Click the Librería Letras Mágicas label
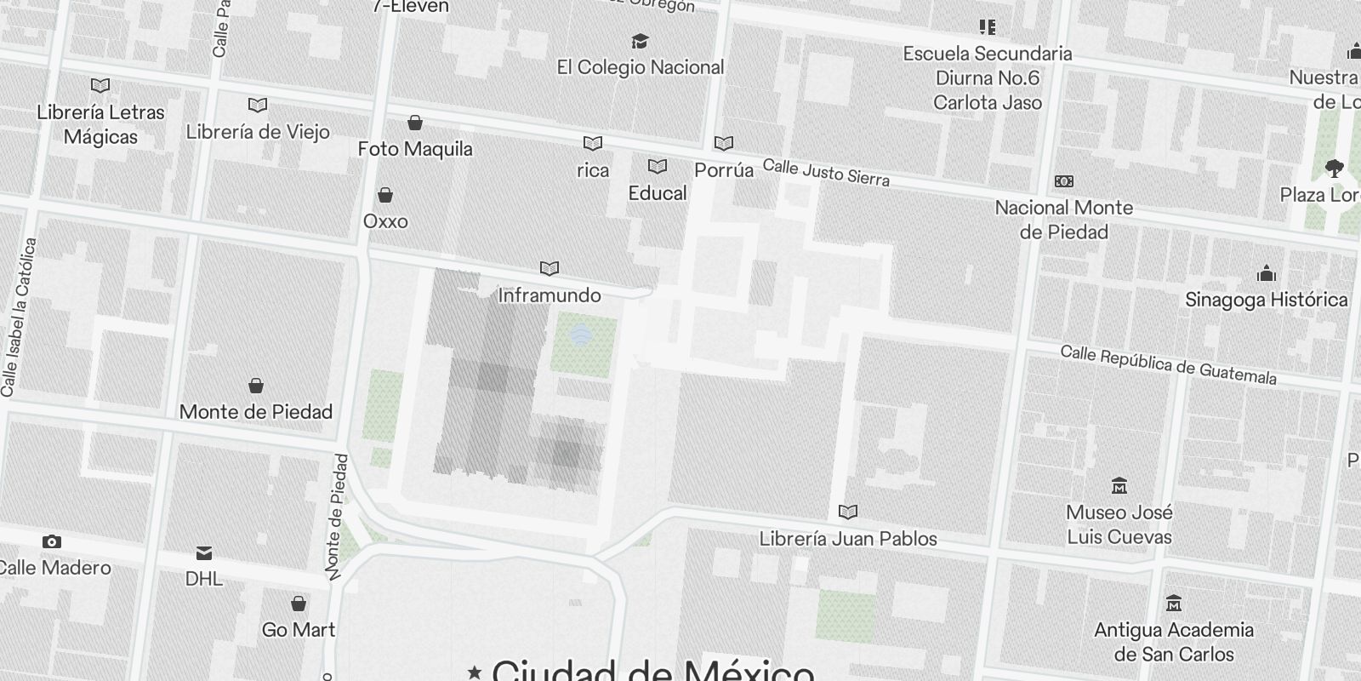click(x=100, y=124)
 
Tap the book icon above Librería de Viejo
click(x=258, y=106)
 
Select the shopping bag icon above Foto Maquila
click(x=415, y=123)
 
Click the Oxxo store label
click(x=385, y=221)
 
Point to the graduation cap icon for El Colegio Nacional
click(x=640, y=42)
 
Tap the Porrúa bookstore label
click(x=724, y=170)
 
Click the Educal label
click(x=658, y=193)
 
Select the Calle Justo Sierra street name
click(x=826, y=173)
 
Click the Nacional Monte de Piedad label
click(x=1063, y=220)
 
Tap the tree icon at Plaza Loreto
click(x=1334, y=169)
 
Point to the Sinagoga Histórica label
click(x=1267, y=300)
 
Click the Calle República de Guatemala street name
click(x=1168, y=365)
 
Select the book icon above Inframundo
click(x=550, y=269)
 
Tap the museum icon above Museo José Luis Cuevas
click(x=1119, y=486)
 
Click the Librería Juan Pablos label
click(x=848, y=539)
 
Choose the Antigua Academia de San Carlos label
click(x=1174, y=642)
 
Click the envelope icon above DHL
click(x=204, y=553)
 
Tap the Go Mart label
click(x=299, y=630)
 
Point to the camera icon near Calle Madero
click(x=52, y=542)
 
